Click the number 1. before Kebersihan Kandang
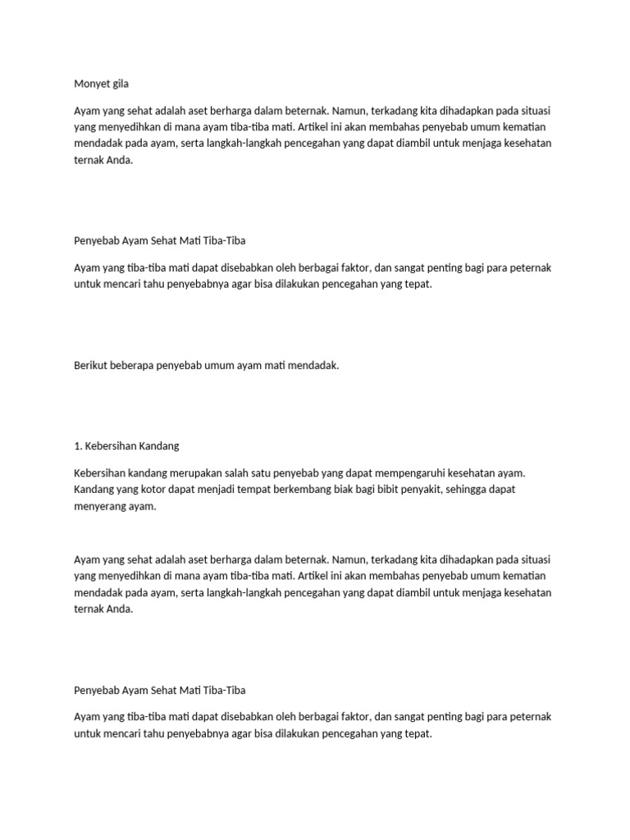78,446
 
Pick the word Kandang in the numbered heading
158,446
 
